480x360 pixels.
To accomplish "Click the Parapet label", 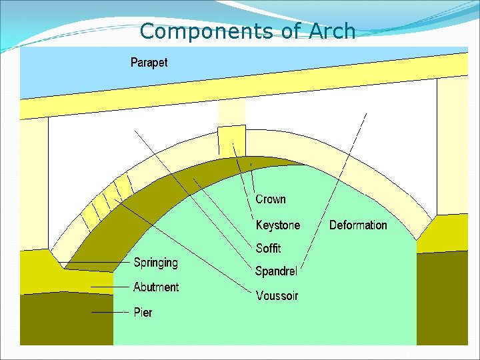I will click(x=149, y=63).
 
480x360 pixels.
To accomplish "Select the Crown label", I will click(x=271, y=199).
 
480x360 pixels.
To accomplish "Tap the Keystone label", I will click(x=278, y=225).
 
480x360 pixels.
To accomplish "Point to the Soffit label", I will click(x=268, y=248).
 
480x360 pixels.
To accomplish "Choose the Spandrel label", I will click(x=276, y=271).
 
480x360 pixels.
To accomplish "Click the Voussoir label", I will click(x=277, y=295).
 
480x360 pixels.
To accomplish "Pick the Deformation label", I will click(x=358, y=225).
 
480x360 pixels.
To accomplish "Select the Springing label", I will click(x=155, y=263).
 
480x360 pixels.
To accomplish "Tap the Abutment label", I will click(x=156, y=287).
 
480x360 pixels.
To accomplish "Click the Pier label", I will click(x=143, y=312).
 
